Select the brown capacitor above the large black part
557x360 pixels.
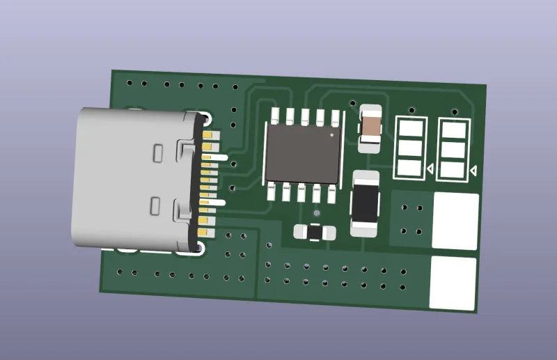pos(370,128)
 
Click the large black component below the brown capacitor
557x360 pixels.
pos(365,203)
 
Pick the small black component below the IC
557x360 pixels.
pos(314,232)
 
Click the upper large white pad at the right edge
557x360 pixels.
pos(455,221)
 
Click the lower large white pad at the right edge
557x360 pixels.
pos(453,283)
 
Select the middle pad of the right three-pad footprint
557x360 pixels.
pos(454,150)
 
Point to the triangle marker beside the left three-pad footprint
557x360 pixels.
pos(430,169)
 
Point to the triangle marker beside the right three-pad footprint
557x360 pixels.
pos(473,171)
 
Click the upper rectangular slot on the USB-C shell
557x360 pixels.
pos(157,152)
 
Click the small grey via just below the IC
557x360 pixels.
pos(316,213)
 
